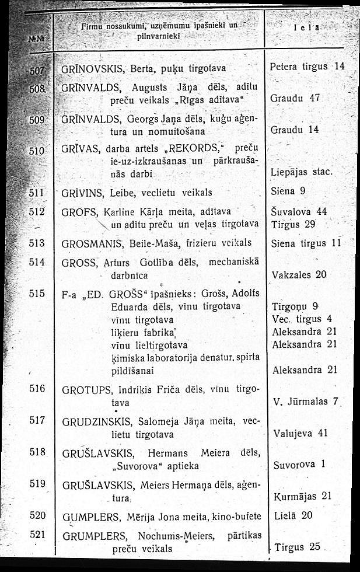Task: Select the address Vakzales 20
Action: (x=299, y=274)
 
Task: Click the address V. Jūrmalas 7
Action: (x=305, y=402)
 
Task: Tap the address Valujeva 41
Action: (x=300, y=433)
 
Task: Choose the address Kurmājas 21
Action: (x=302, y=496)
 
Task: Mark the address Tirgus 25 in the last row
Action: (x=298, y=547)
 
